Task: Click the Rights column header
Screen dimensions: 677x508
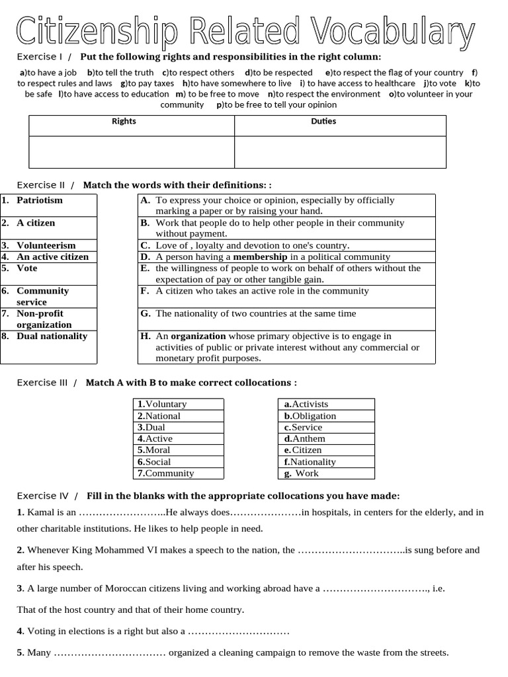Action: [x=124, y=121]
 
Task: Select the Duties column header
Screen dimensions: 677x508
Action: [x=323, y=121]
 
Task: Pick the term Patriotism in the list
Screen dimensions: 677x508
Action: [x=40, y=200]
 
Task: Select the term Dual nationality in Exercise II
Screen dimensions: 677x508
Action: [x=52, y=336]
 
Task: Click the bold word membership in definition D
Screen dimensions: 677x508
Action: [x=260, y=257]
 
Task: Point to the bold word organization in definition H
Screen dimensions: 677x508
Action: [x=198, y=336]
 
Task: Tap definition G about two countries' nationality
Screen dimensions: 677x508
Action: [x=255, y=313]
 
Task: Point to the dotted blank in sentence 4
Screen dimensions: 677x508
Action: [x=239, y=631]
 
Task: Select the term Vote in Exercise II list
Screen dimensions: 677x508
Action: [x=27, y=268]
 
